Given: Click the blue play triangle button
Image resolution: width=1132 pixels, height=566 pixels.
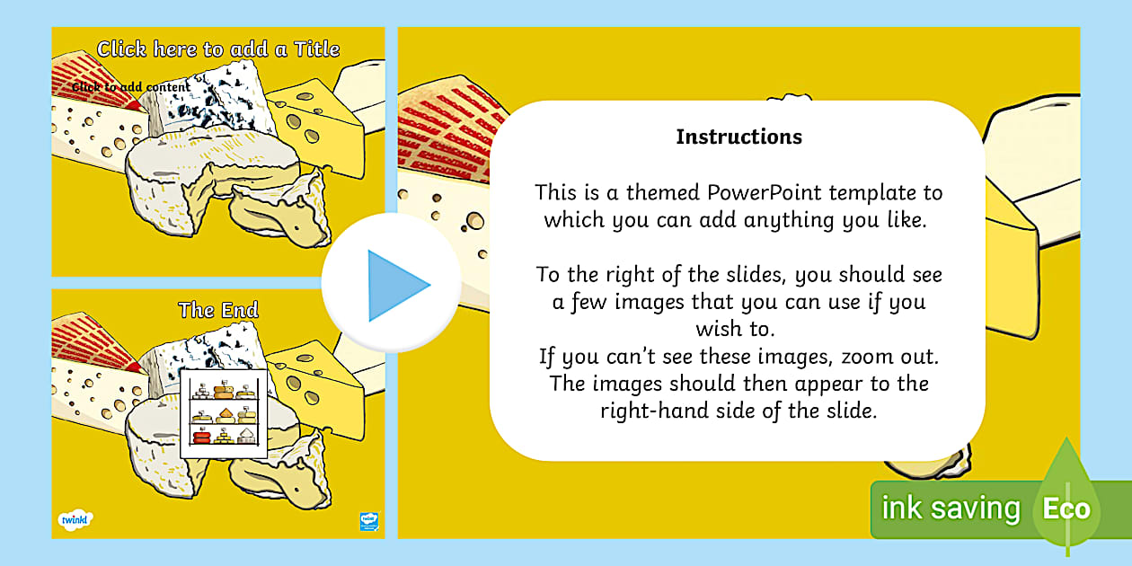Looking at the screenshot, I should [394, 286].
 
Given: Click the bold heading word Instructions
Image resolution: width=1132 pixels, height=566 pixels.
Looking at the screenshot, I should [738, 137].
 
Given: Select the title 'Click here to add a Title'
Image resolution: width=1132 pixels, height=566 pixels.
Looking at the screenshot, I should [218, 49].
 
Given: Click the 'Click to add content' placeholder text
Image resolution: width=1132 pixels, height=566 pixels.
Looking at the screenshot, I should [131, 87].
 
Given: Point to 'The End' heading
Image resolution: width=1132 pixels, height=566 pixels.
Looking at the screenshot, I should [218, 310].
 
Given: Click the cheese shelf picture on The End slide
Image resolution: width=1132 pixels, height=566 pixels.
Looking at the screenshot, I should [225, 412].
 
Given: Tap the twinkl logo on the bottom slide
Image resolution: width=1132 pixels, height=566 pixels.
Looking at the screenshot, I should [76, 519].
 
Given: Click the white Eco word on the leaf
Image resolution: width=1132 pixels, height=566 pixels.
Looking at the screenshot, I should [1066, 509].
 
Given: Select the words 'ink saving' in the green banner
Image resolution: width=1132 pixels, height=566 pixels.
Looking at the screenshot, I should [951, 509].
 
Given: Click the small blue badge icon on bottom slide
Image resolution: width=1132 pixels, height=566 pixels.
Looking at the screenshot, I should [369, 520].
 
